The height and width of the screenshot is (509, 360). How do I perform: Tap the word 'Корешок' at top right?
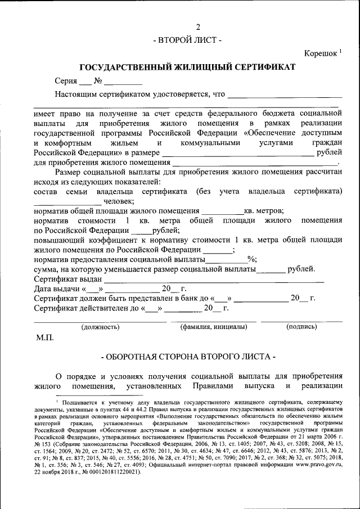point(321,53)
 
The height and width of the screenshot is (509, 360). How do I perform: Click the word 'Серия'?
point(66,81)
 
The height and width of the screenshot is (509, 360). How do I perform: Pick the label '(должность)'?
point(100,326)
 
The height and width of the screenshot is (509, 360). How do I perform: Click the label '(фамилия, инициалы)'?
point(213,326)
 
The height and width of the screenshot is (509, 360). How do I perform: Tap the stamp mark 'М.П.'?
point(44,337)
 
